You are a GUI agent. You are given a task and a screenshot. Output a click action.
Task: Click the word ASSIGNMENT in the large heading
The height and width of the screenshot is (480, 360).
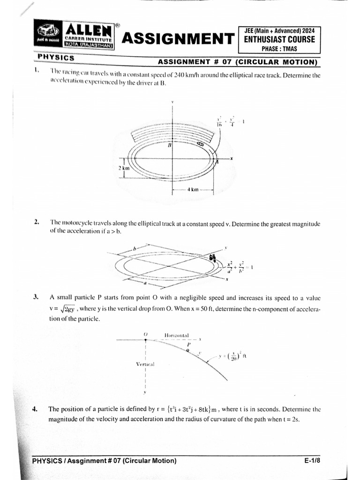click(x=178, y=38)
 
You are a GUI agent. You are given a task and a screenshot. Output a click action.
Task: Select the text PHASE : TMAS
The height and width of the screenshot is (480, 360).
click(x=279, y=49)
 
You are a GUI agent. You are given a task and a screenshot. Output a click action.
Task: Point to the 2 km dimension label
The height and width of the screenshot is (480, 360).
click(x=123, y=167)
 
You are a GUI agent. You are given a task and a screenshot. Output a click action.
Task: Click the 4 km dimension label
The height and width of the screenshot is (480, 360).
click(x=193, y=190)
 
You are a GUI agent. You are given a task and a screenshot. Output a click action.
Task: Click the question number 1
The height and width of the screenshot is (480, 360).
click(x=36, y=70)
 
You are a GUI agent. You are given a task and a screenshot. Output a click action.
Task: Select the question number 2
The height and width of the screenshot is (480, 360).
click(x=36, y=222)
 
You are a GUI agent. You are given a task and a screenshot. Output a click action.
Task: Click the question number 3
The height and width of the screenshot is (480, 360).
click(x=36, y=297)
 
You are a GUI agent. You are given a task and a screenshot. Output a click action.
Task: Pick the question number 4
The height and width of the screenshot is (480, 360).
click(x=36, y=409)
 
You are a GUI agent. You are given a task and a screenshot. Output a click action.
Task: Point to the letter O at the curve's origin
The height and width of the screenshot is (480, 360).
click(x=146, y=334)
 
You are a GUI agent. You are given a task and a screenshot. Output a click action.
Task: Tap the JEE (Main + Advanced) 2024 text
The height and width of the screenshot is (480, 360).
click(x=279, y=30)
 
